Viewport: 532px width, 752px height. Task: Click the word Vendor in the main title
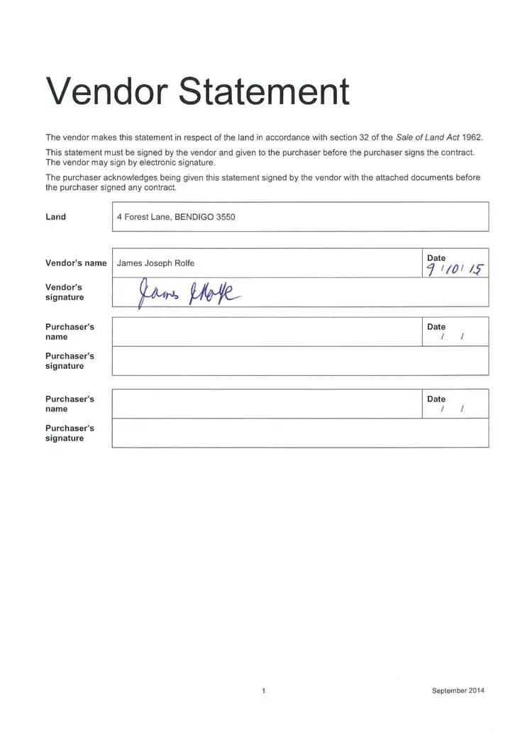click(105, 91)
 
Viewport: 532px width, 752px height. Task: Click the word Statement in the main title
click(264, 91)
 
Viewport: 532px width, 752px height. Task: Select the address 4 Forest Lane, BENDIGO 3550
click(176, 217)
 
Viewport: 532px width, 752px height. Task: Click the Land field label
click(55, 217)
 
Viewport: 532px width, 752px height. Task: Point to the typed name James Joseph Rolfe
click(155, 263)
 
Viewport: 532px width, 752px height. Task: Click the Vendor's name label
click(76, 263)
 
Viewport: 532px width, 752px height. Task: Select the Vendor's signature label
click(65, 292)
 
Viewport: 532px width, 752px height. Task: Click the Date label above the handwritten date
click(436, 258)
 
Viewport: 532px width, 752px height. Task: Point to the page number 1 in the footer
click(263, 690)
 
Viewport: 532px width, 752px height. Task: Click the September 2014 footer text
click(458, 690)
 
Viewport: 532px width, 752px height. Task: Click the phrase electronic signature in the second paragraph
click(177, 162)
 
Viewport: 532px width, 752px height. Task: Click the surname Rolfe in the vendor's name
click(184, 263)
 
